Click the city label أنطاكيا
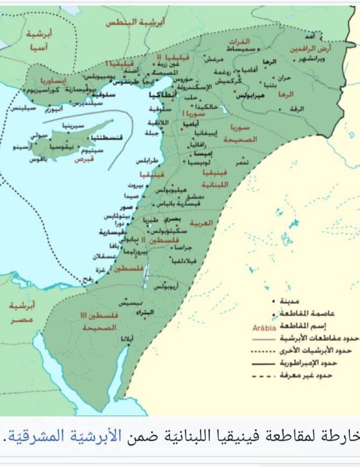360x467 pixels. tap(161, 94)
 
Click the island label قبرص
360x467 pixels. tap(83, 159)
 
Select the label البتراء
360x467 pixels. tap(145, 313)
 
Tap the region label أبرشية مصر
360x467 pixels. tap(22, 313)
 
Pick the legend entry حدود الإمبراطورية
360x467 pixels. tap(313, 362)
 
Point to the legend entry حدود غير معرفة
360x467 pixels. tap(312, 374)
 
